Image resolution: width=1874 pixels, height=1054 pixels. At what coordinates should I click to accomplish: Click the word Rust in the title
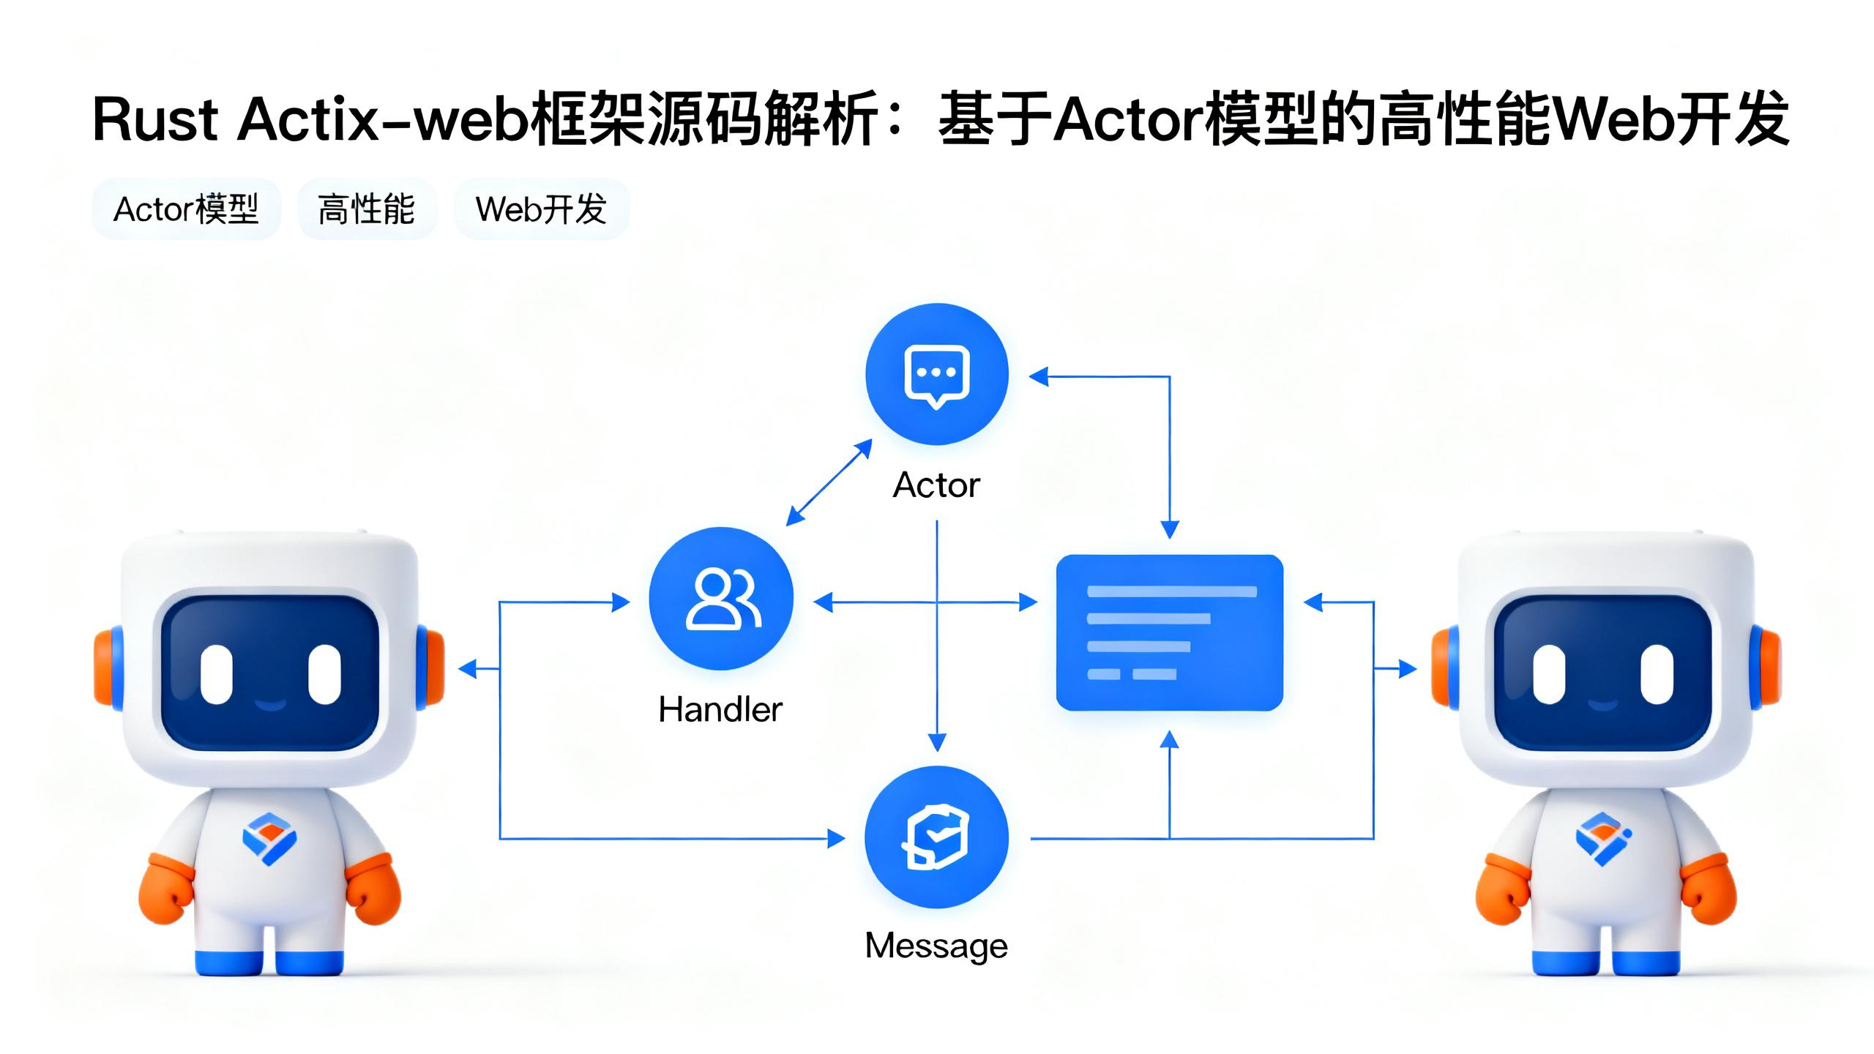[155, 120]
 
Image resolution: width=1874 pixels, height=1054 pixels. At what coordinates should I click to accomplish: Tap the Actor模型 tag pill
[186, 209]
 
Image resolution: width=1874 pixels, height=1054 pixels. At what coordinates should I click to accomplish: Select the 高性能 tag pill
[367, 209]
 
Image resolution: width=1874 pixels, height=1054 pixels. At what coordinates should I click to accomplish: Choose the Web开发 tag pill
[541, 209]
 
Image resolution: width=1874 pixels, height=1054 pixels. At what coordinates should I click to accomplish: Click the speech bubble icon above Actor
[937, 374]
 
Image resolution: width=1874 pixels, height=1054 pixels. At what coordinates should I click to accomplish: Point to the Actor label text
[936, 485]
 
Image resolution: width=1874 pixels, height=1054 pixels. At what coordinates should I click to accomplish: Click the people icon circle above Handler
[721, 599]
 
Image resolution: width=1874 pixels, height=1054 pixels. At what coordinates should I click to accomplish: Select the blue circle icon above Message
[937, 837]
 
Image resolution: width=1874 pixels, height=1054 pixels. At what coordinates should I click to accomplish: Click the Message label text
[936, 946]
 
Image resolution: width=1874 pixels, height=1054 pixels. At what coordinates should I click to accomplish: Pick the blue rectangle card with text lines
[1169, 632]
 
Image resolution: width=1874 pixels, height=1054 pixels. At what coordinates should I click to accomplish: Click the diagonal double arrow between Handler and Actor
[829, 482]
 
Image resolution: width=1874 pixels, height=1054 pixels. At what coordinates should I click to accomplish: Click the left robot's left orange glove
[165, 889]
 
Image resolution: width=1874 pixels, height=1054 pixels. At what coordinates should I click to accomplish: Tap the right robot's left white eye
[1550, 673]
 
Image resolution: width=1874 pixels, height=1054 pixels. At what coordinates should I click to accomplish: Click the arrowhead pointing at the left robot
[467, 668]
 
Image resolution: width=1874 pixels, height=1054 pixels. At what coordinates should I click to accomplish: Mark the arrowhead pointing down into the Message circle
[937, 742]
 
